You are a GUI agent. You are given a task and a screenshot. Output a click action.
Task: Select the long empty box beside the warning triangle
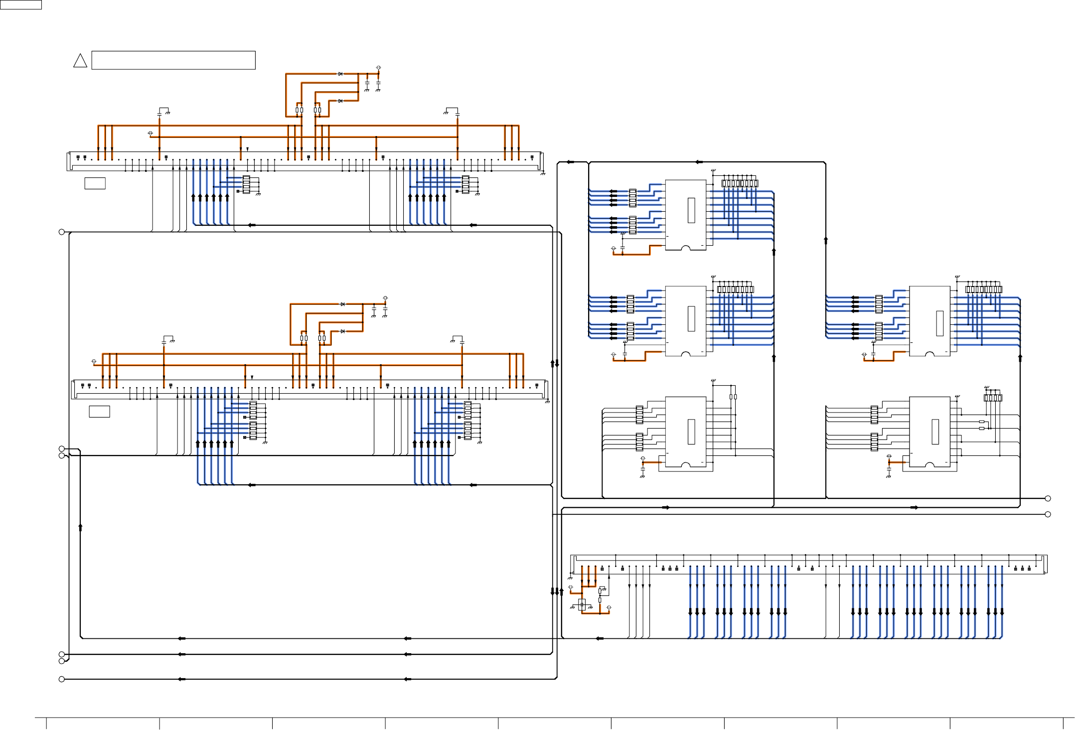(x=173, y=60)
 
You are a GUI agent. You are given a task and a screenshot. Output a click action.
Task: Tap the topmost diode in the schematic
(x=340, y=74)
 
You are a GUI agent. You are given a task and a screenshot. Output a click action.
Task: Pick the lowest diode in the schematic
(x=343, y=331)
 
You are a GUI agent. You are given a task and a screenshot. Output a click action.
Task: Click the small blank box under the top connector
(x=95, y=183)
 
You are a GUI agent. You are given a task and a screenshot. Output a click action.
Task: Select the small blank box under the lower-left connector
(x=99, y=411)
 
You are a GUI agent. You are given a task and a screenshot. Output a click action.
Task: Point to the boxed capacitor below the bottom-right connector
(x=582, y=604)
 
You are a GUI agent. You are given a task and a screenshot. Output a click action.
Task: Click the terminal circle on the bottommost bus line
(x=62, y=679)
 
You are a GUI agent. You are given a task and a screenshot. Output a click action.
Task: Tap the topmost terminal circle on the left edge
(x=62, y=232)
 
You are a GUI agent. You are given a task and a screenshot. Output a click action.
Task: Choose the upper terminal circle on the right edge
(x=1048, y=498)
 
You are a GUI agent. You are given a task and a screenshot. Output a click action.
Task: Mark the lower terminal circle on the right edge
(x=1048, y=514)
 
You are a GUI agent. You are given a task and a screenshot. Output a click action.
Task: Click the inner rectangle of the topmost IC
(x=691, y=210)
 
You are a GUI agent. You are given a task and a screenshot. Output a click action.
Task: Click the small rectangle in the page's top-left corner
(x=20, y=4)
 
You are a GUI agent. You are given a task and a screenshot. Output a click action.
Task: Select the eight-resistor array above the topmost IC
(x=740, y=183)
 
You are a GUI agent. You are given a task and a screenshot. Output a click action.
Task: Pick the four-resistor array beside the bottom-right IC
(x=993, y=398)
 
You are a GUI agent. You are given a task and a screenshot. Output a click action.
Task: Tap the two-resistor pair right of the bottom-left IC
(x=733, y=397)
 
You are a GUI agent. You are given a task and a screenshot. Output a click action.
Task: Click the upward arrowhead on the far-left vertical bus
(x=80, y=527)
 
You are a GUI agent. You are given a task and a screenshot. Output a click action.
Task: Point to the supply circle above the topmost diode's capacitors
(x=378, y=67)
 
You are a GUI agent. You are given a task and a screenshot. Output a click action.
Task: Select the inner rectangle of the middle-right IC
(x=939, y=323)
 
